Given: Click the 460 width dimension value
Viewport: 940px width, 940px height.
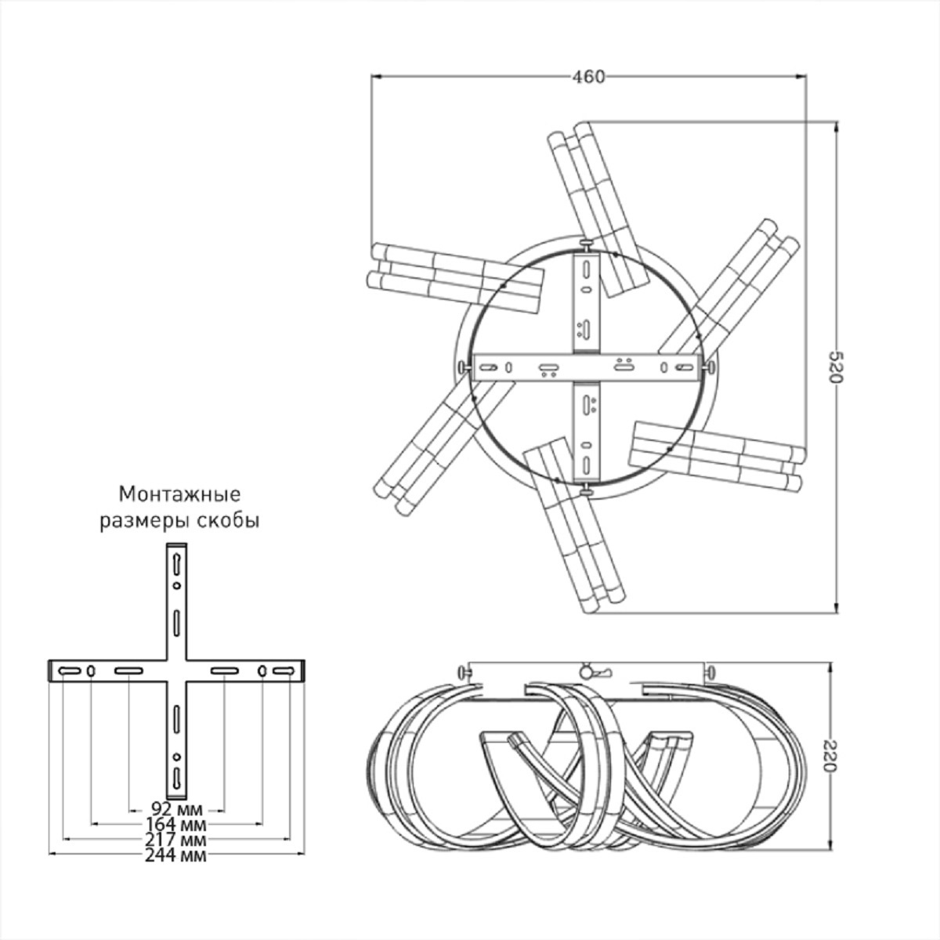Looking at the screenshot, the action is pos(587,77).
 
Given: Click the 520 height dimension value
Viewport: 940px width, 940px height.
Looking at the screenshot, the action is pos(836,367).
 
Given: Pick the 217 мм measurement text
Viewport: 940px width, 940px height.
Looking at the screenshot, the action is pos(175,840).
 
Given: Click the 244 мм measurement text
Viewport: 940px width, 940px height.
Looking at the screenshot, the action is pos(175,855).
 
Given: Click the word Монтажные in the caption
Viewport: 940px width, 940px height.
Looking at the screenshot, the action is pos(180,494).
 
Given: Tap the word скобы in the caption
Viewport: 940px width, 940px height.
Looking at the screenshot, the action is pos(228,522).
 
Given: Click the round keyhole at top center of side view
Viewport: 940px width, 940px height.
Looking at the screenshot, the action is pos(586,672).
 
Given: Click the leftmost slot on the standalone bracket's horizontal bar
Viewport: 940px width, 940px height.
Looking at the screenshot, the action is pos(69,671).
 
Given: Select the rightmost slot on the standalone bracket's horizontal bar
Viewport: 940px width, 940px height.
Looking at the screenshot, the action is pos(284,671).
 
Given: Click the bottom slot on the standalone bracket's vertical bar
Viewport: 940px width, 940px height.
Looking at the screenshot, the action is pos(176,778).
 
